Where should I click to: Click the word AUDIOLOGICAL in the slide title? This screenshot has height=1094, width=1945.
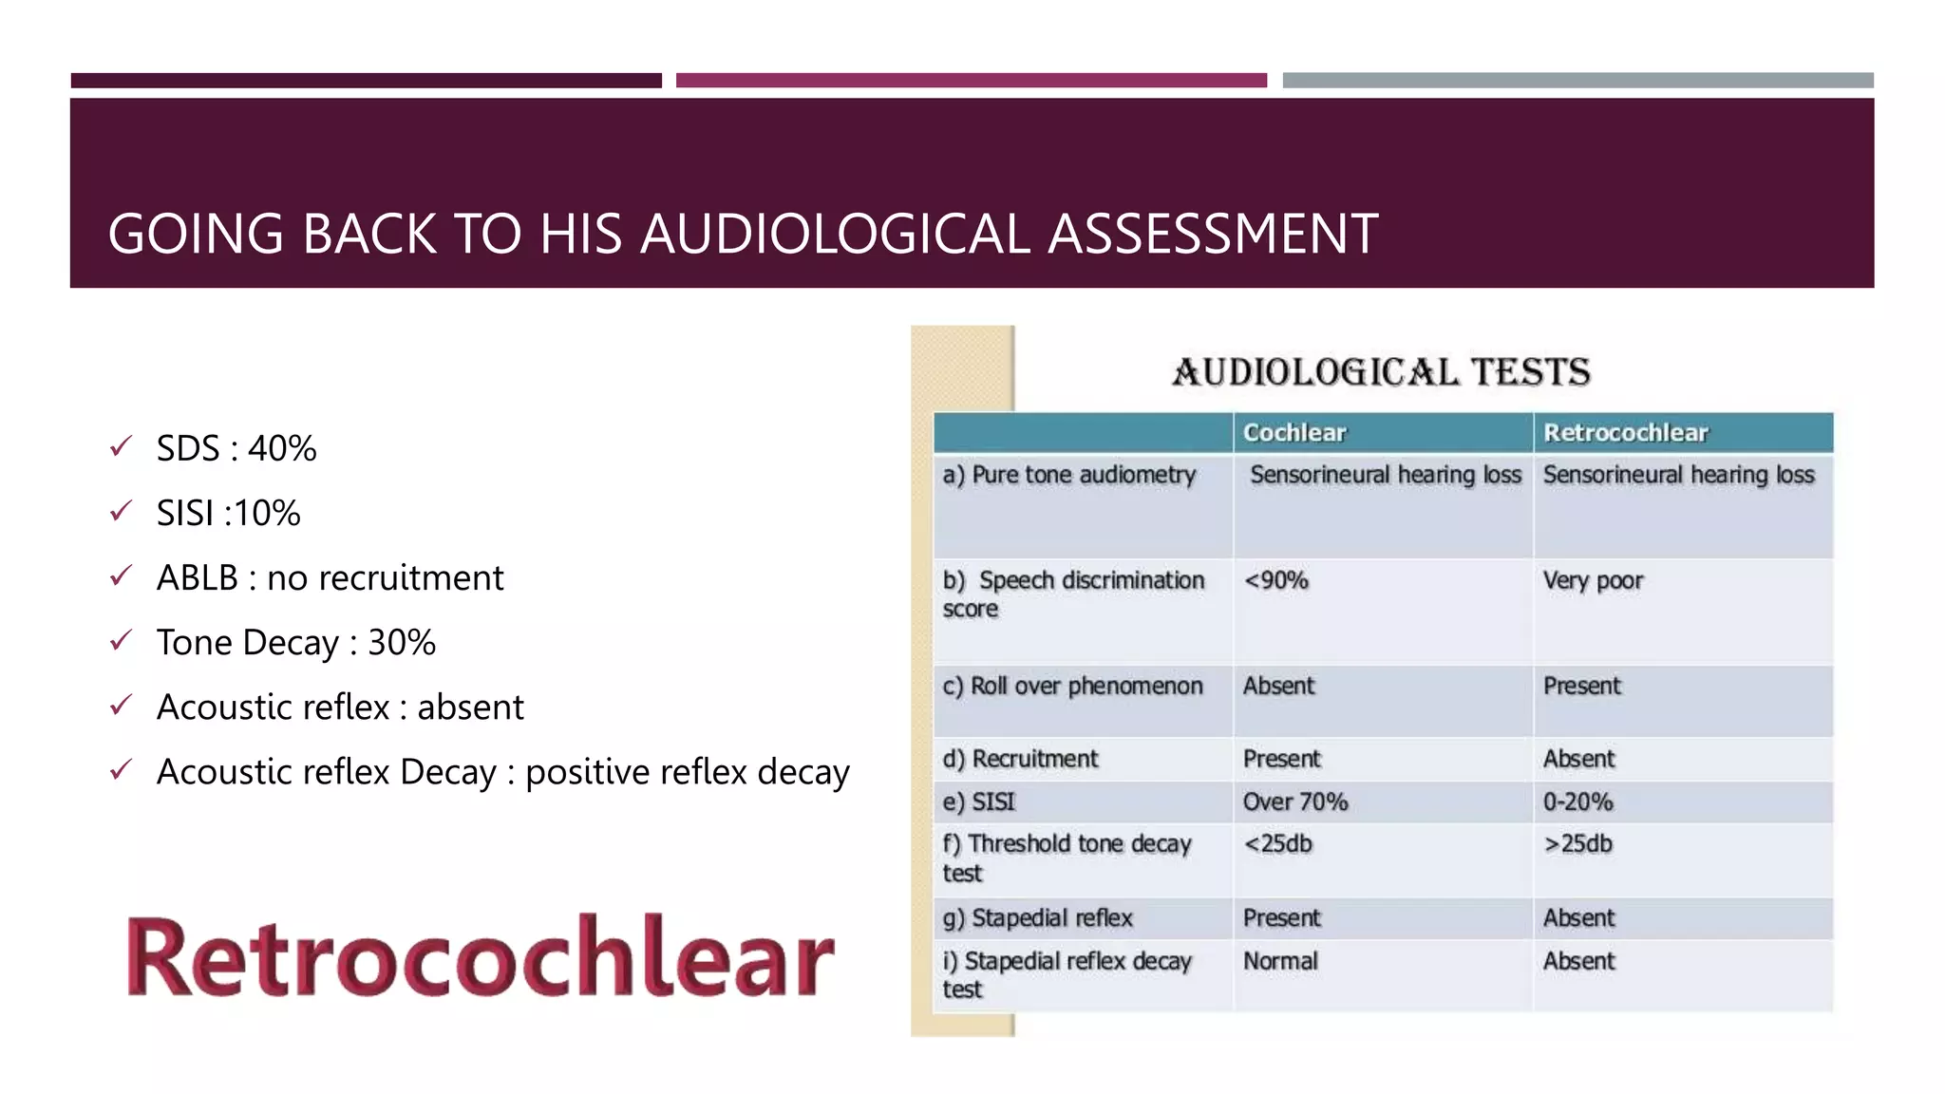pos(835,235)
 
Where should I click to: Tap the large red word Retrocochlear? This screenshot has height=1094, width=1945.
pos(481,957)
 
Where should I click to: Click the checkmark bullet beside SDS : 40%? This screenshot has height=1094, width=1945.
pos(121,446)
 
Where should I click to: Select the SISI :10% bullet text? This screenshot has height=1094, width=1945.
pos(228,514)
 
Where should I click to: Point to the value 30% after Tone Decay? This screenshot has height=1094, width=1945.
pos(402,643)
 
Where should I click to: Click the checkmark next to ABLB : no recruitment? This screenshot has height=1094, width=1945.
pos(121,575)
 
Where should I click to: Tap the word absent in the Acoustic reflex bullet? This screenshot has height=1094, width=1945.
pos(470,707)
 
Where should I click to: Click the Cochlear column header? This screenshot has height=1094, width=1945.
pos(1294,433)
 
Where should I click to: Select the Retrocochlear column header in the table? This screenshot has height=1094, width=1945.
pos(1625,433)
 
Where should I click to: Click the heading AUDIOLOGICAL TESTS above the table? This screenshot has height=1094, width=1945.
pos(1381,372)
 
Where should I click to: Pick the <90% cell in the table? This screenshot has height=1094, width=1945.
pos(1275,580)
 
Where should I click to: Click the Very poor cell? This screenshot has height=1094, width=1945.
pos(1593,580)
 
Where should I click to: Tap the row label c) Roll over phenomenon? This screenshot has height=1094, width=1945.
pos(1072,686)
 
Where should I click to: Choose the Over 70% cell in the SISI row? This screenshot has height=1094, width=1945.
pos(1294,802)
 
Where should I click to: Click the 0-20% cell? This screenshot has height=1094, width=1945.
pos(1577,802)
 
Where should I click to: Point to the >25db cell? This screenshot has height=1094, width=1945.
pos(1577,844)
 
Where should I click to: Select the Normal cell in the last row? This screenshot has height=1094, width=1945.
pos(1280,961)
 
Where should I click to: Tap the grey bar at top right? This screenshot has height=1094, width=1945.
pos(1577,81)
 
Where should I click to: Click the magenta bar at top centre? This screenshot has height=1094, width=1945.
pos(971,81)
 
